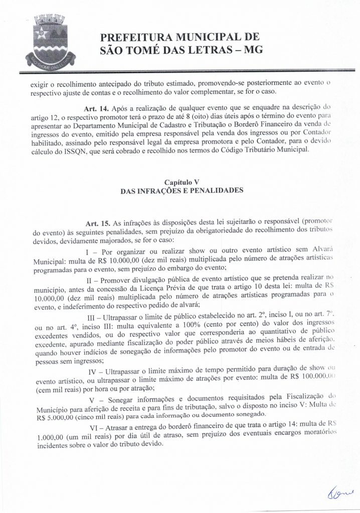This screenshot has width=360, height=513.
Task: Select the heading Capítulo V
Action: (x=182, y=181)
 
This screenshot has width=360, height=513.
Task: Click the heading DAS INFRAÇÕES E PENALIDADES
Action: (x=182, y=190)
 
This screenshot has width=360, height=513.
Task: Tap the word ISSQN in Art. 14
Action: (x=82, y=151)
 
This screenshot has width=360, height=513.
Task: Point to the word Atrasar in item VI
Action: (x=121, y=427)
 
